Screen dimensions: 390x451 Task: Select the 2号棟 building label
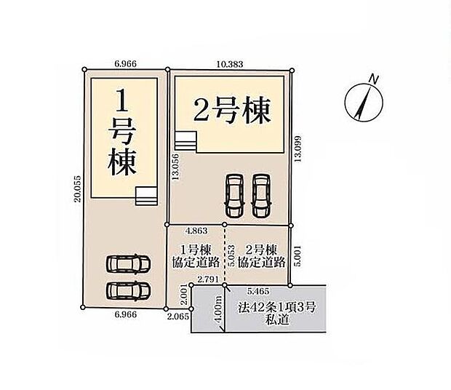(x=231, y=111)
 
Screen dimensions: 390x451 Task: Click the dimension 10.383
(x=231, y=64)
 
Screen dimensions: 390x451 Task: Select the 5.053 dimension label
(x=231, y=257)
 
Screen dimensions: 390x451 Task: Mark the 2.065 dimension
(x=178, y=318)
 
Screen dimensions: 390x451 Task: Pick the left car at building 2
(x=235, y=195)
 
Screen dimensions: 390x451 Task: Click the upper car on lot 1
(x=128, y=265)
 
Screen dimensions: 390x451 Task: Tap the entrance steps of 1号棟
(x=146, y=194)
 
